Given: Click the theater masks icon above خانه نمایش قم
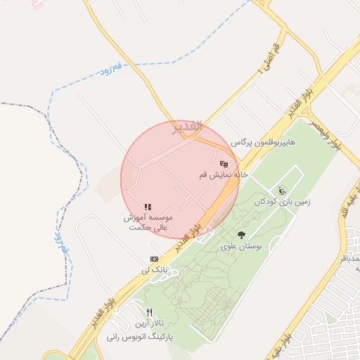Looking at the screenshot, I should (x=224, y=163).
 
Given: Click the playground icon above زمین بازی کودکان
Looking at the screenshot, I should (x=282, y=190).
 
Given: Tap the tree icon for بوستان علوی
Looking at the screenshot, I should (x=242, y=236).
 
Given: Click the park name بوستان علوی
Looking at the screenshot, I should (x=241, y=247).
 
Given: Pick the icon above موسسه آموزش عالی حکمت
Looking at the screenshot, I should (x=148, y=207).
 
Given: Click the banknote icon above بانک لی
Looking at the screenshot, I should (x=154, y=259).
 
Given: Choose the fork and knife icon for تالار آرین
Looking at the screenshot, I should (x=149, y=312).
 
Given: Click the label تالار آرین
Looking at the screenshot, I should (x=150, y=323).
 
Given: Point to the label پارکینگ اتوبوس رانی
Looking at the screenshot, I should (x=141, y=337).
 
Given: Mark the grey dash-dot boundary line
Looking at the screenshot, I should (x=42, y=108).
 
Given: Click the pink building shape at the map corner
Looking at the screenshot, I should (x=37, y=5).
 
